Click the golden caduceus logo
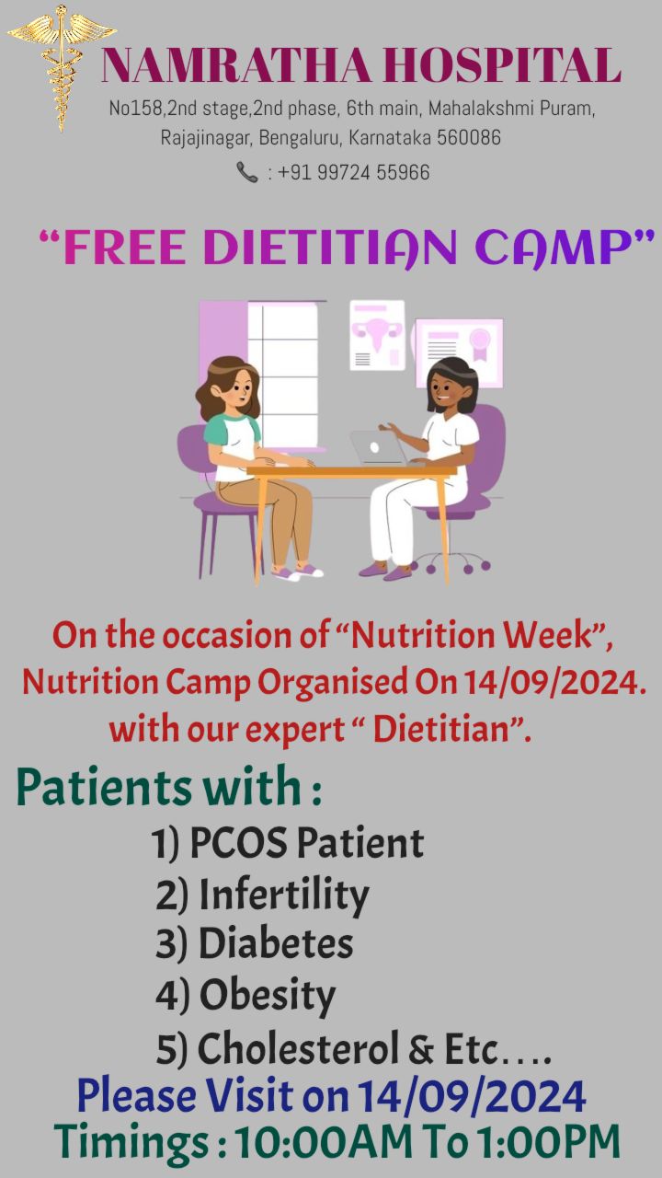[62, 68]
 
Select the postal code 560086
[469, 138]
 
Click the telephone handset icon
[247, 172]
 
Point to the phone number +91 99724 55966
[354, 172]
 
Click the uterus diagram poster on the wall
[377, 335]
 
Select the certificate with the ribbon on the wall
[459, 352]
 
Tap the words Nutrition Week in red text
[471, 635]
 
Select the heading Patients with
[168, 787]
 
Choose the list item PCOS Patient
[306, 842]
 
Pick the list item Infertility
[284, 895]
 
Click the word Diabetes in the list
[276, 943]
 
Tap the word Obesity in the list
[268, 995]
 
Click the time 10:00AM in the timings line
[323, 1142]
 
